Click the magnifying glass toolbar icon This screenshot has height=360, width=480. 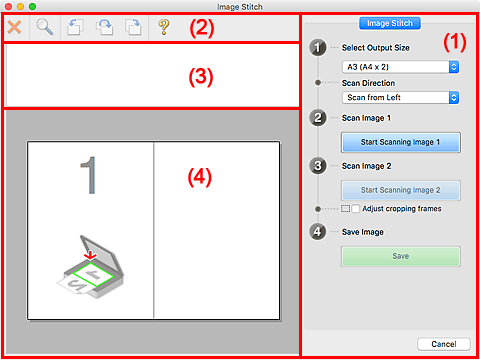point(45,27)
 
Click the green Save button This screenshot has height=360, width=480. point(400,256)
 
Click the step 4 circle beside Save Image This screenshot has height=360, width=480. point(317,232)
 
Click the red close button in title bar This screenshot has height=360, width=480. point(9,6)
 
